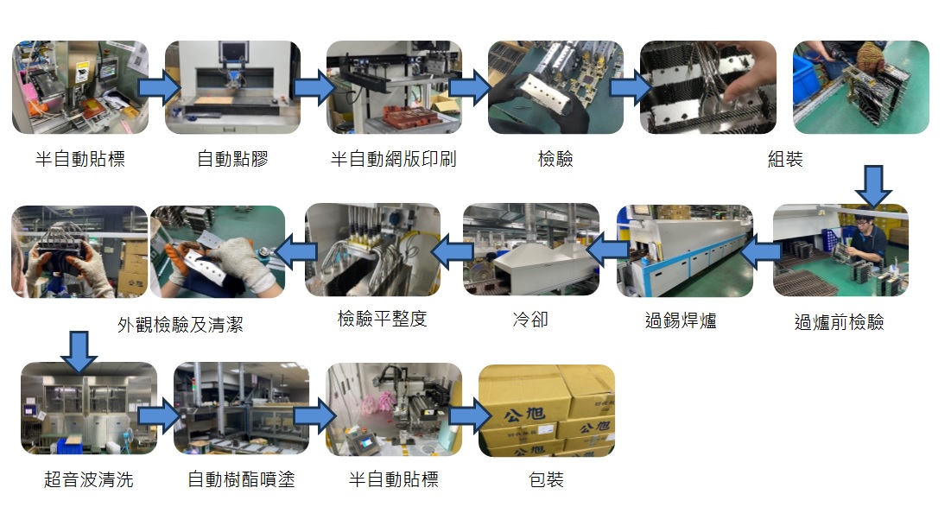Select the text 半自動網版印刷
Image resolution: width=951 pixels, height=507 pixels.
pos(393,159)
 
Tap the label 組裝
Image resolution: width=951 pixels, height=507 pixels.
pos(785,159)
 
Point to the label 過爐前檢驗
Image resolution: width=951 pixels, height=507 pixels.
pos(839,322)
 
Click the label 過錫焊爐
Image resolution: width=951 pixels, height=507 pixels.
pos(681,321)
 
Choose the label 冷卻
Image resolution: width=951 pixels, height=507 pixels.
pos(530,320)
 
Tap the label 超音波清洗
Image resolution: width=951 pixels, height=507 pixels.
pos(89,479)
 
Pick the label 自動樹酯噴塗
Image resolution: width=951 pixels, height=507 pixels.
pos(241,479)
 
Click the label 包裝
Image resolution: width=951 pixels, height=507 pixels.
pos(546,479)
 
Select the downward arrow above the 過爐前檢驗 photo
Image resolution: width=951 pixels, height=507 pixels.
pos(875,185)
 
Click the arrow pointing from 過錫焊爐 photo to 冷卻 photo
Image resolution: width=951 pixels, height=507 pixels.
pos(607,250)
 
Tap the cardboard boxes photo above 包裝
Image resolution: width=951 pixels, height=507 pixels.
pos(547,409)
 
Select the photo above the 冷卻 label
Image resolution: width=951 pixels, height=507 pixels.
pos(530,250)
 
